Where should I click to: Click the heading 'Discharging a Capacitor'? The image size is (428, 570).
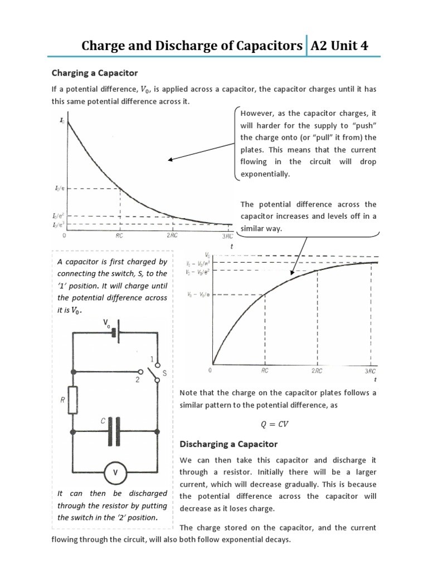click(228, 444)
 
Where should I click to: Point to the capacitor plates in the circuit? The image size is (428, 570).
click(114, 430)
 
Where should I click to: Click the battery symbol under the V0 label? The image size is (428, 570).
click(115, 332)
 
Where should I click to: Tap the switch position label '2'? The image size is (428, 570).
click(138, 380)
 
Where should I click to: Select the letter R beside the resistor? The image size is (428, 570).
click(62, 399)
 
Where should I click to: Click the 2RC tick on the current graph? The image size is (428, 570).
click(172, 235)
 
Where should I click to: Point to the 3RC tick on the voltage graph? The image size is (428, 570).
click(370, 370)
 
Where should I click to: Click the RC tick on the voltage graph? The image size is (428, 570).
click(265, 370)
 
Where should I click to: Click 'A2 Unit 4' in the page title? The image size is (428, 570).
click(339, 46)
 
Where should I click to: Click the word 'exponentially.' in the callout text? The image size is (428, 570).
click(265, 174)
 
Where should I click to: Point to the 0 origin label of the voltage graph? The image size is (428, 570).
click(210, 370)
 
